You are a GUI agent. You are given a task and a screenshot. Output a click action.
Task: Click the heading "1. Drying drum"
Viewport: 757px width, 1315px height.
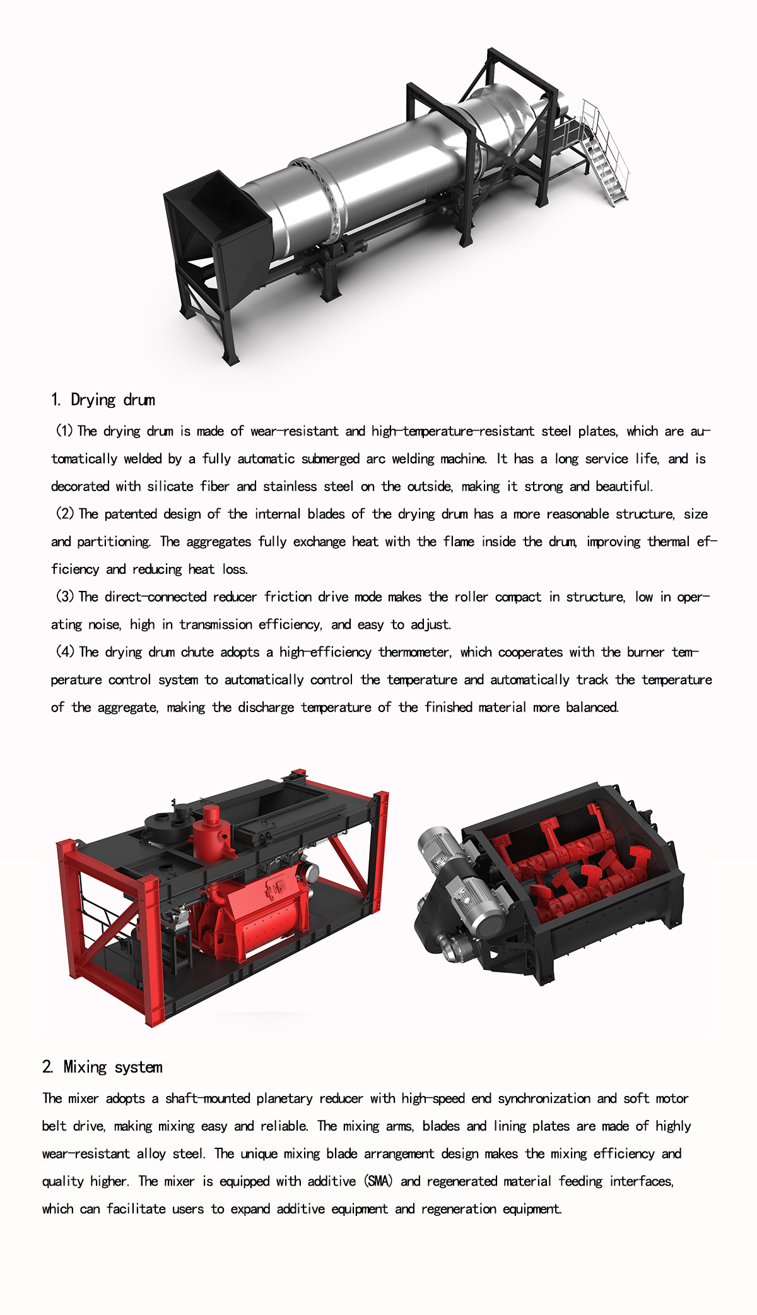103,400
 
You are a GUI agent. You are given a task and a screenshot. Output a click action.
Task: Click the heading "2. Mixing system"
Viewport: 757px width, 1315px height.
102,1068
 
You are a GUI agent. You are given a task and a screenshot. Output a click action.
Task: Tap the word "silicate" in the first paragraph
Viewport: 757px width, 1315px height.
170,486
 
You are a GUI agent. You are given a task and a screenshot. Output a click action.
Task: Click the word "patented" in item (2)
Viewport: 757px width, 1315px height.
131,514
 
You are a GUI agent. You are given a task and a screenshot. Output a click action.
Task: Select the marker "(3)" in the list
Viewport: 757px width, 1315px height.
65,597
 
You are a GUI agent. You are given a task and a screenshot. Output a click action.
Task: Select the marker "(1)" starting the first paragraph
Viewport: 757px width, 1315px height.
64,431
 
